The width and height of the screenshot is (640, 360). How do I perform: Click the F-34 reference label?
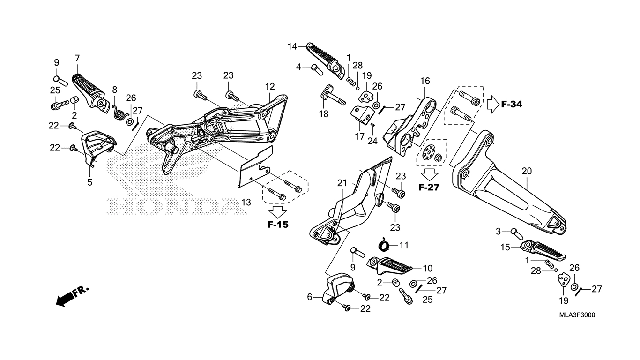point(512,105)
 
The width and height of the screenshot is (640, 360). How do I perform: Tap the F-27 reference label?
point(429,187)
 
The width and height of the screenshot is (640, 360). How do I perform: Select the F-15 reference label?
point(278,225)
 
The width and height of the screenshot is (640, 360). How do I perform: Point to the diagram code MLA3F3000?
point(577,315)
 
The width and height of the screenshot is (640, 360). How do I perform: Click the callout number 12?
point(270,86)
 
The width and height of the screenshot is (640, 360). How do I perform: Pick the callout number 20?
point(527,171)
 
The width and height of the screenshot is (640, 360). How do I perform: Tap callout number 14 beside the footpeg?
point(292,46)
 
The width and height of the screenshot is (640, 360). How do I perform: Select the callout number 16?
point(425,81)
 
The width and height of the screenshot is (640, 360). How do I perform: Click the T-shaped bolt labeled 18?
point(333,97)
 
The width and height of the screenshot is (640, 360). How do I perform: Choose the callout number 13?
point(246,202)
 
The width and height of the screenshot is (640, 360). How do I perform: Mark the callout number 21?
point(342,183)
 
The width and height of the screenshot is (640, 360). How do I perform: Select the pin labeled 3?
point(517,234)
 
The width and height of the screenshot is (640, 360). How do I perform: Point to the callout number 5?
point(89,182)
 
